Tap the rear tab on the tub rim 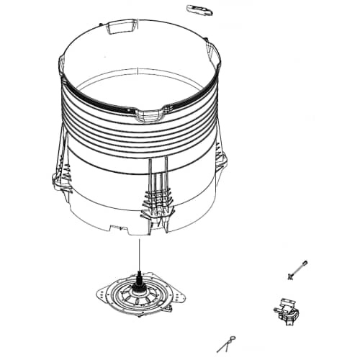click(x=118, y=29)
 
